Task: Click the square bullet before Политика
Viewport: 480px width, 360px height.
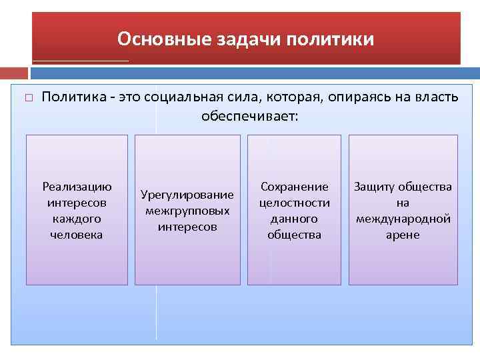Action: [x=28, y=98]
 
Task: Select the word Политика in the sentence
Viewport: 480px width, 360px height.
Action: [x=73, y=98]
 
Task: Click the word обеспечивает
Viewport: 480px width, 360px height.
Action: [x=251, y=116]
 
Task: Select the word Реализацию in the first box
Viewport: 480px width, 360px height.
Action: [x=77, y=187]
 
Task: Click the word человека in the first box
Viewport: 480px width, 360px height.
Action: [x=77, y=235]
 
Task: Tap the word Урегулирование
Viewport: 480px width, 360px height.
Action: [x=187, y=195]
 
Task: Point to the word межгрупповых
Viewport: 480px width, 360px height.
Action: [x=187, y=211]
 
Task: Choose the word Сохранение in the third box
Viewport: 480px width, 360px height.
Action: [x=294, y=187]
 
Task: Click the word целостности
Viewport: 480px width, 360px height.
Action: [x=294, y=203]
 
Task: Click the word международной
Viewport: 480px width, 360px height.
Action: [x=403, y=219]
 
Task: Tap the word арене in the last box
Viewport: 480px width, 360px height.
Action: [x=403, y=235]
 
